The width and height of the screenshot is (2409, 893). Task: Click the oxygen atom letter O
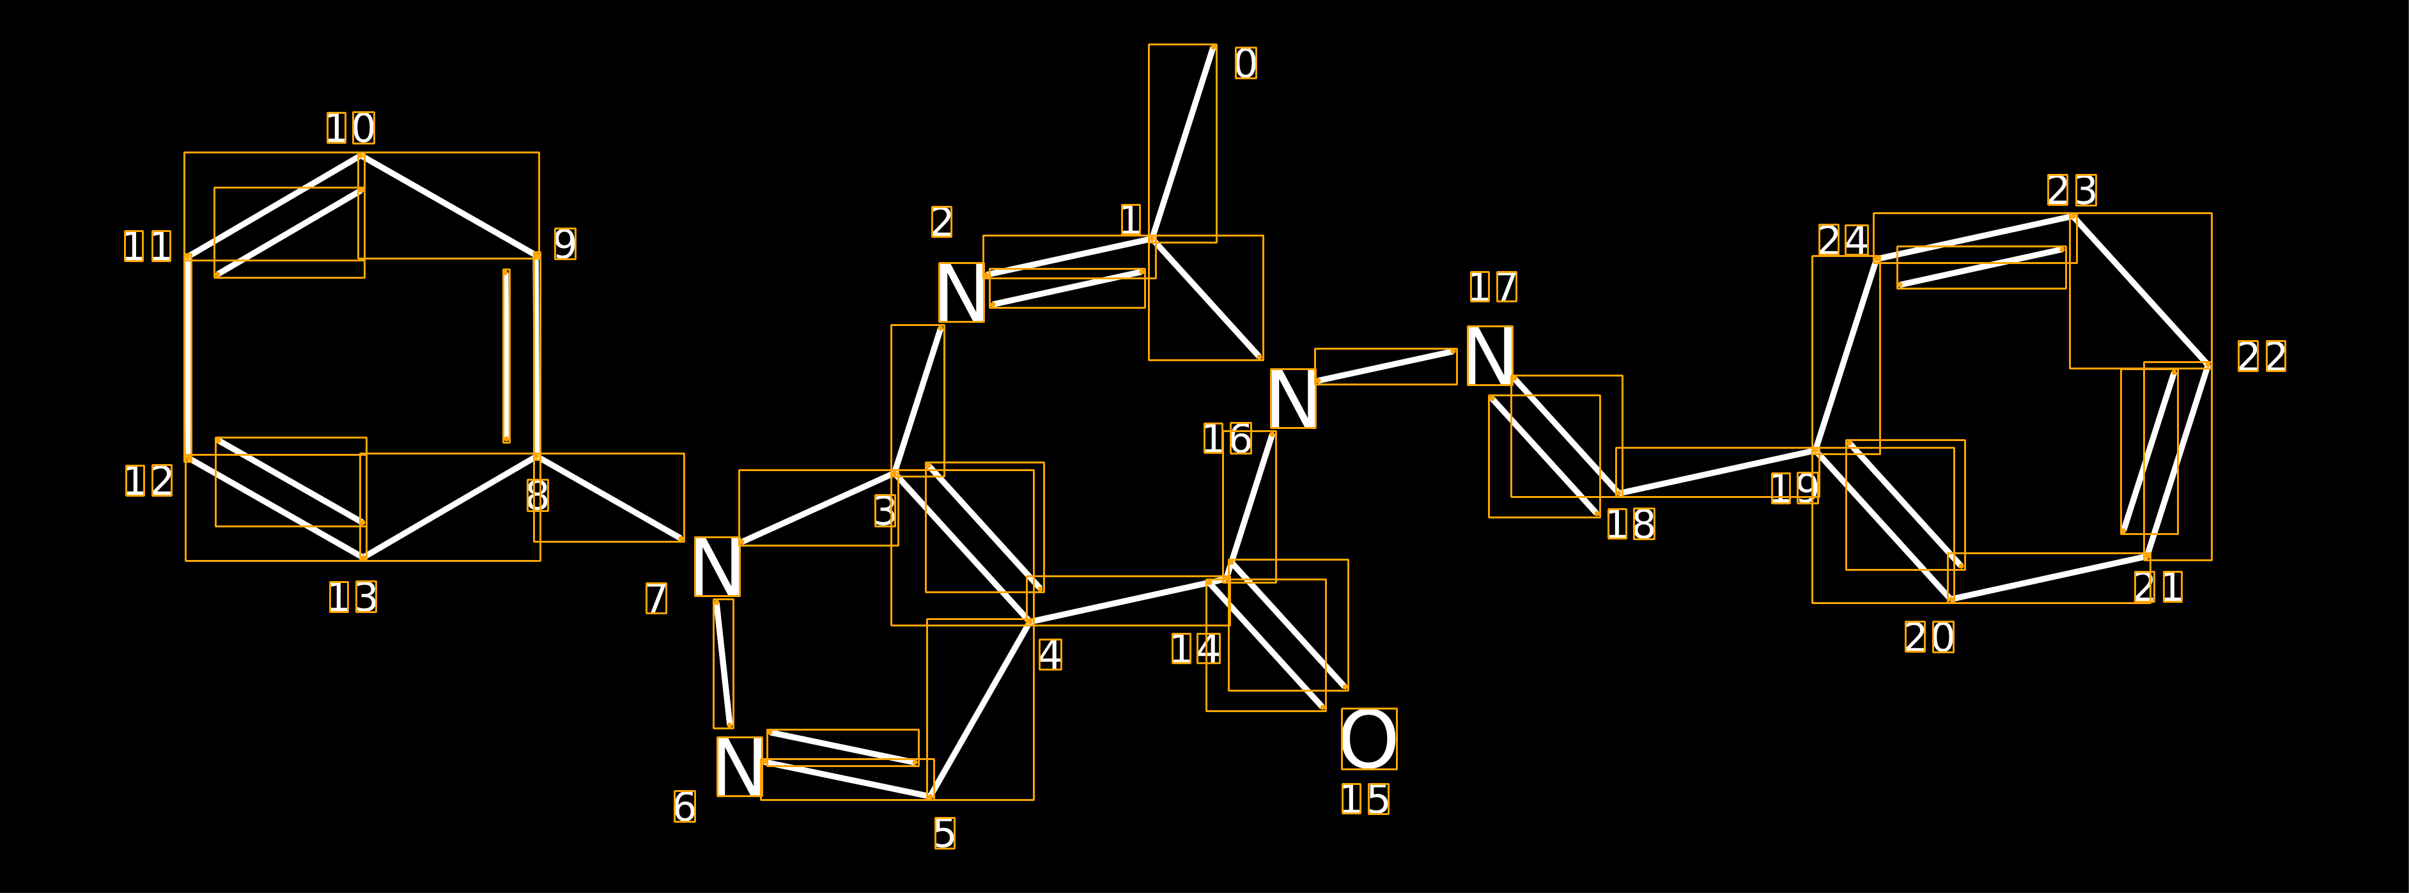coord(1369,739)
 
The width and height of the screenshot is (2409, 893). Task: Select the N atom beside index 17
coord(1490,355)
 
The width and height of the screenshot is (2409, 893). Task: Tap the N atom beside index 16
coord(1293,398)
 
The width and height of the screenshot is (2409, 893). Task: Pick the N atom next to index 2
coord(961,293)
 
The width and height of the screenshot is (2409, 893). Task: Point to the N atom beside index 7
coord(717,566)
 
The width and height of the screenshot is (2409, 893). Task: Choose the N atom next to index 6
coord(740,767)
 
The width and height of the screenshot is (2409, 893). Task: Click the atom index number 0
coord(1246,63)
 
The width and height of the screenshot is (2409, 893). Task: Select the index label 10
coord(351,128)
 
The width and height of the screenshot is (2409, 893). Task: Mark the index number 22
coord(2262,356)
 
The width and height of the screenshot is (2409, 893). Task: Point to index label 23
coord(2072,190)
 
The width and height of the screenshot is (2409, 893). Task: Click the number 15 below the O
coord(1365,800)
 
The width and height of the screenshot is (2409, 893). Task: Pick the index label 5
coord(945,833)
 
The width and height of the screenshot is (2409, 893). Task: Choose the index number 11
coord(148,247)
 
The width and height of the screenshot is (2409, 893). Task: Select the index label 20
coord(1929,638)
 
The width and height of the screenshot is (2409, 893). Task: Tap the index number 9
coord(565,245)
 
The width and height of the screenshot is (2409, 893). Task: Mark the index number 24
coord(1844,240)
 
